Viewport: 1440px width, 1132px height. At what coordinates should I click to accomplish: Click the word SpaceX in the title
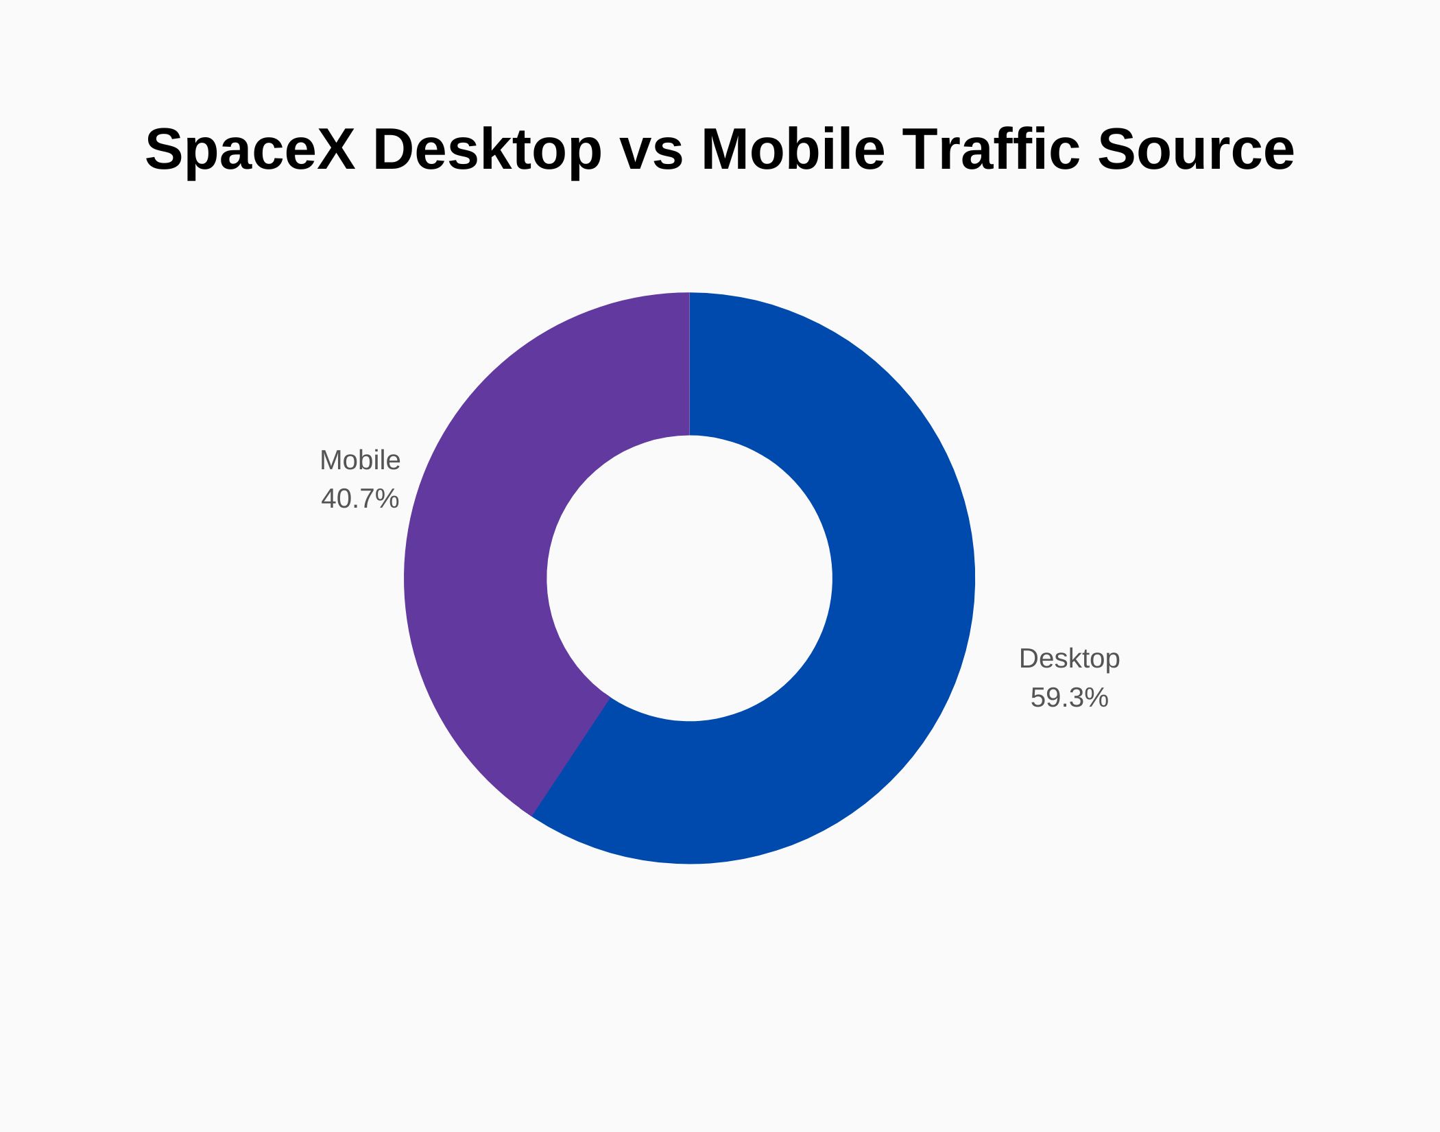(x=250, y=150)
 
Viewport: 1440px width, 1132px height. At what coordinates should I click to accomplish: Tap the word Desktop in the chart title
(x=487, y=150)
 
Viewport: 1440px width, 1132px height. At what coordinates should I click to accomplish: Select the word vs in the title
(x=651, y=150)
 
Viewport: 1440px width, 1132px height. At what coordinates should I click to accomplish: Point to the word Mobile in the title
(x=793, y=150)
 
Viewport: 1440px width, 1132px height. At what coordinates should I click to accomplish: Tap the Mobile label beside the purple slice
(x=360, y=460)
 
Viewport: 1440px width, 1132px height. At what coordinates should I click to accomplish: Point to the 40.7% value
(x=360, y=499)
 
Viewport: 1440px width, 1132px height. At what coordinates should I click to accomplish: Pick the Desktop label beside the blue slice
(x=1069, y=659)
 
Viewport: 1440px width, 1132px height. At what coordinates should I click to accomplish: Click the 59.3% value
(x=1069, y=698)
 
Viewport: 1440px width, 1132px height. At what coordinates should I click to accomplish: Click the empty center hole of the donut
(x=689, y=578)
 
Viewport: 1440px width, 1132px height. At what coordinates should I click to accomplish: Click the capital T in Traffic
(x=916, y=150)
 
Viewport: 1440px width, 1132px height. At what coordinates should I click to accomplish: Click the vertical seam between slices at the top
(x=689, y=364)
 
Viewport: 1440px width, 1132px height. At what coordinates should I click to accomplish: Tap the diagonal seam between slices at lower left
(x=571, y=757)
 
